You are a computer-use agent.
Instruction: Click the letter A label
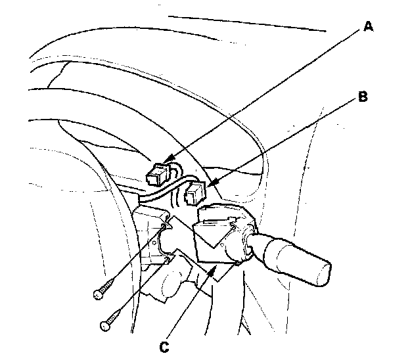click(368, 27)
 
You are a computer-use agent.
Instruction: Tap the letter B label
click(363, 98)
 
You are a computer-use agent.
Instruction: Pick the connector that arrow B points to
click(195, 194)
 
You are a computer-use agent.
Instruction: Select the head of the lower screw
click(104, 325)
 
